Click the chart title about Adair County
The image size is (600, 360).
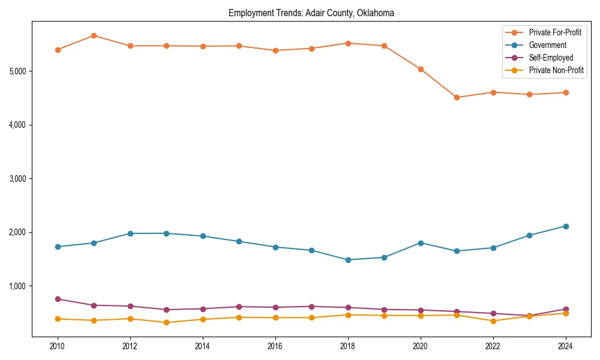point(311,13)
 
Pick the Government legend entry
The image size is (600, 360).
point(547,45)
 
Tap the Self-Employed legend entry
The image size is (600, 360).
point(551,58)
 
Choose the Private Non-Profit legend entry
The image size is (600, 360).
point(556,70)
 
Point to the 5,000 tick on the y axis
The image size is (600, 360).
point(17,71)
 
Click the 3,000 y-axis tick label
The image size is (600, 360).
point(17,179)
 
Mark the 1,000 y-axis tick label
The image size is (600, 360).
point(17,286)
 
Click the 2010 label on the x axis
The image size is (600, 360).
point(58,346)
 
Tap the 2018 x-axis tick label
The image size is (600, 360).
point(348,346)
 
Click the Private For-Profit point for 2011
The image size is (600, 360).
point(94,36)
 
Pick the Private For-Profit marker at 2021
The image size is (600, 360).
point(457,97)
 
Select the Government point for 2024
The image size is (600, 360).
point(566,226)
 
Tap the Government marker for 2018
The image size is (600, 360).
point(348,260)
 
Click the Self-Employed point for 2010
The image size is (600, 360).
point(58,299)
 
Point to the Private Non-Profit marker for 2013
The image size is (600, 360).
point(166,323)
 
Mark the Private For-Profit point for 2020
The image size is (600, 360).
point(421,70)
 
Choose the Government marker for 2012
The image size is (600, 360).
point(130,233)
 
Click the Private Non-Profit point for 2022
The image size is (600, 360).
point(493,321)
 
